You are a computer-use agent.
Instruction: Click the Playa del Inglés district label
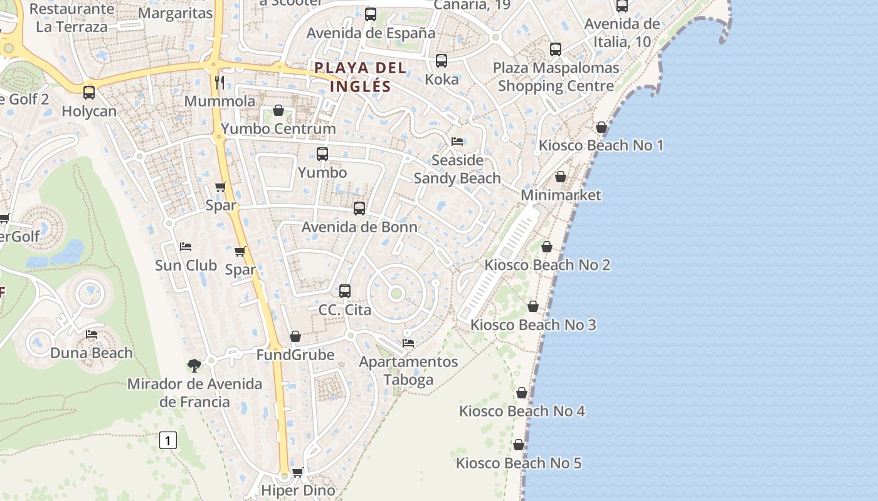[361, 76]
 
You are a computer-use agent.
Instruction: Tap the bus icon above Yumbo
[322, 153]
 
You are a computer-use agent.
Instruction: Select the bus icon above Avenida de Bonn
[359, 208]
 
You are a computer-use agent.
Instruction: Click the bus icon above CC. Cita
[345, 291]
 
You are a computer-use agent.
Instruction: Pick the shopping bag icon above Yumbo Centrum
[278, 110]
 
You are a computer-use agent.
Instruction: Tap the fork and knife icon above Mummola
[219, 82]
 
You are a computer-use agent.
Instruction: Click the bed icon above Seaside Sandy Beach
[457, 142]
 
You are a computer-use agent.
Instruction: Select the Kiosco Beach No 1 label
[601, 145]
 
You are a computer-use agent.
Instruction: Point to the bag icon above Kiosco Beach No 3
[533, 306]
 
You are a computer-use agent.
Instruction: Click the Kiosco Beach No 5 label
[519, 463]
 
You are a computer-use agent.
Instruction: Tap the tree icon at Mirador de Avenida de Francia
[194, 365]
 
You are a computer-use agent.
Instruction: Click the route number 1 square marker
[167, 440]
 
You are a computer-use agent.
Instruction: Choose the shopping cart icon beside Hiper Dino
[298, 472]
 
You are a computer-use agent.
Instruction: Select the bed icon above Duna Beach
[92, 334]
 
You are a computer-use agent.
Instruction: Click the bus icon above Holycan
[89, 93]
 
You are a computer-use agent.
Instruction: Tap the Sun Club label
[186, 265]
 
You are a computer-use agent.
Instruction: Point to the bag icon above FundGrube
[295, 336]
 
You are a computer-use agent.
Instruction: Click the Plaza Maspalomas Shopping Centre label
[556, 77]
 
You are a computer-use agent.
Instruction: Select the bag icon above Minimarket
[561, 177]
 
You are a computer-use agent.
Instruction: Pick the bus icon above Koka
[442, 61]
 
